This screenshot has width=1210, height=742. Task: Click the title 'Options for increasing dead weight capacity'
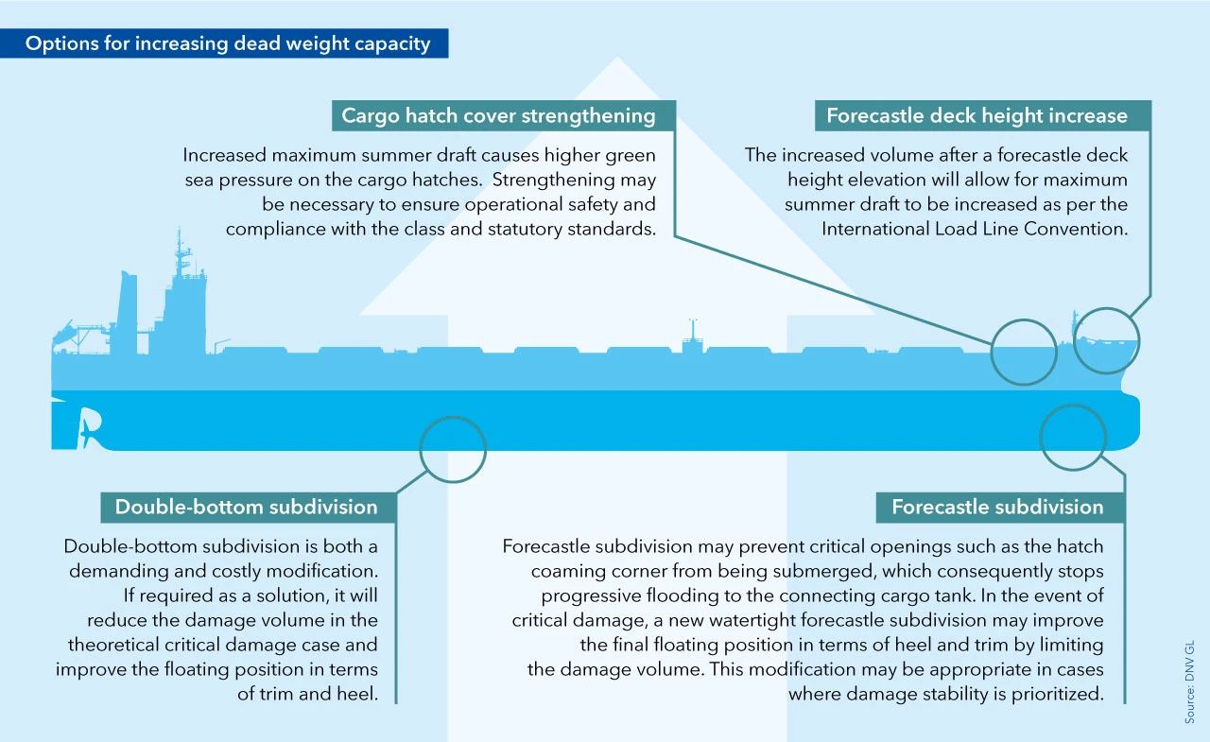point(228,43)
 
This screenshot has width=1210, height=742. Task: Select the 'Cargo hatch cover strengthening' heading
point(498,115)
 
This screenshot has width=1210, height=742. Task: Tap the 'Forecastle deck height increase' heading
point(977,115)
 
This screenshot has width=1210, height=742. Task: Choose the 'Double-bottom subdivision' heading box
point(249,507)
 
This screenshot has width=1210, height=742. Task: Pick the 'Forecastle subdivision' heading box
point(1000,507)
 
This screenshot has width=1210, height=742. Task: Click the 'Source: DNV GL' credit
point(1189,682)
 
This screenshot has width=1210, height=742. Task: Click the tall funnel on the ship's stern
point(128,312)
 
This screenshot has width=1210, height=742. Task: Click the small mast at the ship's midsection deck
point(693,336)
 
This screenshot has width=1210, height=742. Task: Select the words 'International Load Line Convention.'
point(975,229)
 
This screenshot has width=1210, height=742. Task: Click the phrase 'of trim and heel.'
point(307,694)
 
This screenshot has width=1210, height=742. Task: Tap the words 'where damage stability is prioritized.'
point(946,694)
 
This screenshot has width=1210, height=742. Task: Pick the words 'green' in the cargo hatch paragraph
point(630,156)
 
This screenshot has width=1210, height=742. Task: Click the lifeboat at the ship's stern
point(62,331)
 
